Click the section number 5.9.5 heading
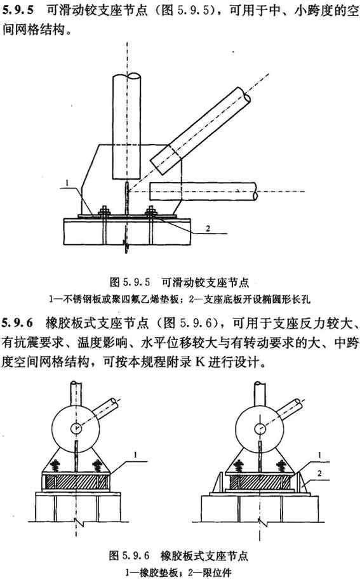tap(17, 10)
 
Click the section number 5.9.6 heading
tap(17, 323)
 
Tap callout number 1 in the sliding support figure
tap(67, 183)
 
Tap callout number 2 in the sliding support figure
tap(208, 228)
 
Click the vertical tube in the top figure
tap(126, 126)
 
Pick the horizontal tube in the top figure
tap(203, 191)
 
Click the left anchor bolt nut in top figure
tap(104, 211)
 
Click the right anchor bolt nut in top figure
tap(151, 211)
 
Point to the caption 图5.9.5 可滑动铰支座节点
tap(180, 282)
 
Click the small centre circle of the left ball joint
tap(76, 428)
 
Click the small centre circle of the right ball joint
tap(260, 428)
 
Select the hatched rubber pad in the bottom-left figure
tap(76, 481)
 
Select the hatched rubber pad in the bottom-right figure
tap(260, 481)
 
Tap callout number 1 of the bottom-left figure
tap(135, 455)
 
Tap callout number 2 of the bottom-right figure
tap(319, 473)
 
